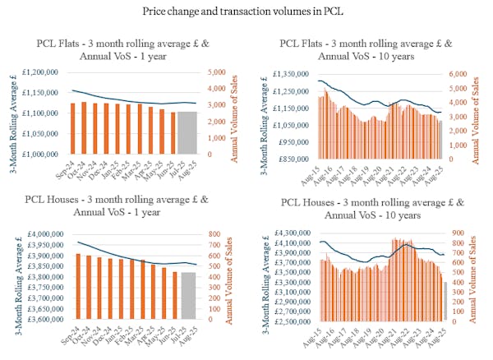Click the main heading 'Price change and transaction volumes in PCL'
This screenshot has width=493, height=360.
tap(246, 11)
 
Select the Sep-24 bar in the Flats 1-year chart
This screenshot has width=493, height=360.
tap(73, 128)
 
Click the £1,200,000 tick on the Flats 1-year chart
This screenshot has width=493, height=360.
tap(39, 72)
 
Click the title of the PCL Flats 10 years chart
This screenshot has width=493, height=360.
tap(367, 49)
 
